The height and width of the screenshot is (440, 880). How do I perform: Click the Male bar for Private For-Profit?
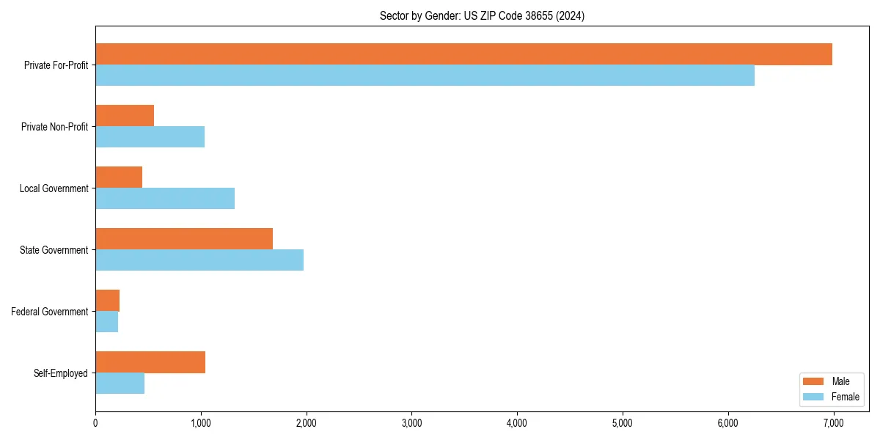coord(463,54)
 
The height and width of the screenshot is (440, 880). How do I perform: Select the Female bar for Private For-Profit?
coord(425,76)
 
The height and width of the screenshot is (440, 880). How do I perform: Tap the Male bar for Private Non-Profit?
coord(125,116)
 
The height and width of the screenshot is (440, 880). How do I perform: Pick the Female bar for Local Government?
coord(165,199)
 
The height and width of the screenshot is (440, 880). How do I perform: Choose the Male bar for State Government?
coord(184,239)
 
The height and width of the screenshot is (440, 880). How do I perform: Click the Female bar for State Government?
coord(199,260)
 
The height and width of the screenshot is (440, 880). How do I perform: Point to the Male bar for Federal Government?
coord(108,301)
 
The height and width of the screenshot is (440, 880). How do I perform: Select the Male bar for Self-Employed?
coord(150,362)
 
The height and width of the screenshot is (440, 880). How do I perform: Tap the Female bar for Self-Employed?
coord(120,384)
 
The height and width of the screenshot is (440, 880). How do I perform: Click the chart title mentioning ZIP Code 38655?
coord(482,15)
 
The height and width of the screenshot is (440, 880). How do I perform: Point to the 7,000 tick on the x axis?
coord(833,423)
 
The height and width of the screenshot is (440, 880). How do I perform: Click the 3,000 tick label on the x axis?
coord(411,423)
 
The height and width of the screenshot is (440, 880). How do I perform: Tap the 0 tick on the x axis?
coord(95,423)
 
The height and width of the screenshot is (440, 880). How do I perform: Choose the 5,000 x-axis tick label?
coord(622,423)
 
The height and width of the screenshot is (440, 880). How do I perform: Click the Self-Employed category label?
coord(61,373)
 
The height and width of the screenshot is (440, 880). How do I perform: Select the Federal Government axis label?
coord(50,312)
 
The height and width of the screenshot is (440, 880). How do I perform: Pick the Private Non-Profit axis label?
coord(54,127)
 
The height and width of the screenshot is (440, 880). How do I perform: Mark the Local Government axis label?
coord(54,188)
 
